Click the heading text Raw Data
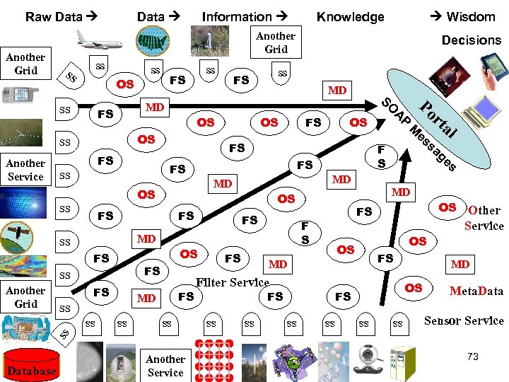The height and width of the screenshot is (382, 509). (53, 16)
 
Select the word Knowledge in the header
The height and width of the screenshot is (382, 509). (350, 16)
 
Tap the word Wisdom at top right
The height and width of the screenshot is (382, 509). (470, 16)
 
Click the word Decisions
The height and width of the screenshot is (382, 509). (472, 40)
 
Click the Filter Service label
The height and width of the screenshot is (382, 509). (233, 282)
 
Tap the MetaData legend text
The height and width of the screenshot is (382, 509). (476, 290)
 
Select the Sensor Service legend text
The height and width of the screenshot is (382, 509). (464, 320)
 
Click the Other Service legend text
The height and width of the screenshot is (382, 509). (484, 218)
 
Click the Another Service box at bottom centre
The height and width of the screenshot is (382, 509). (165, 365)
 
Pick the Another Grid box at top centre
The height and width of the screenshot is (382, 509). (276, 42)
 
